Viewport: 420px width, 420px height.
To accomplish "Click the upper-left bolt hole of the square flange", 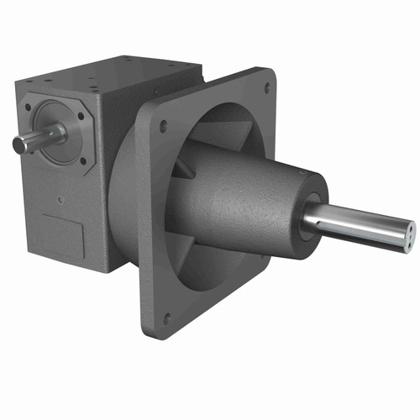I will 163,126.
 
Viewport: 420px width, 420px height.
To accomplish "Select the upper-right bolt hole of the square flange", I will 268,87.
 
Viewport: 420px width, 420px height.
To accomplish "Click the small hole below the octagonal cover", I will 60,200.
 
